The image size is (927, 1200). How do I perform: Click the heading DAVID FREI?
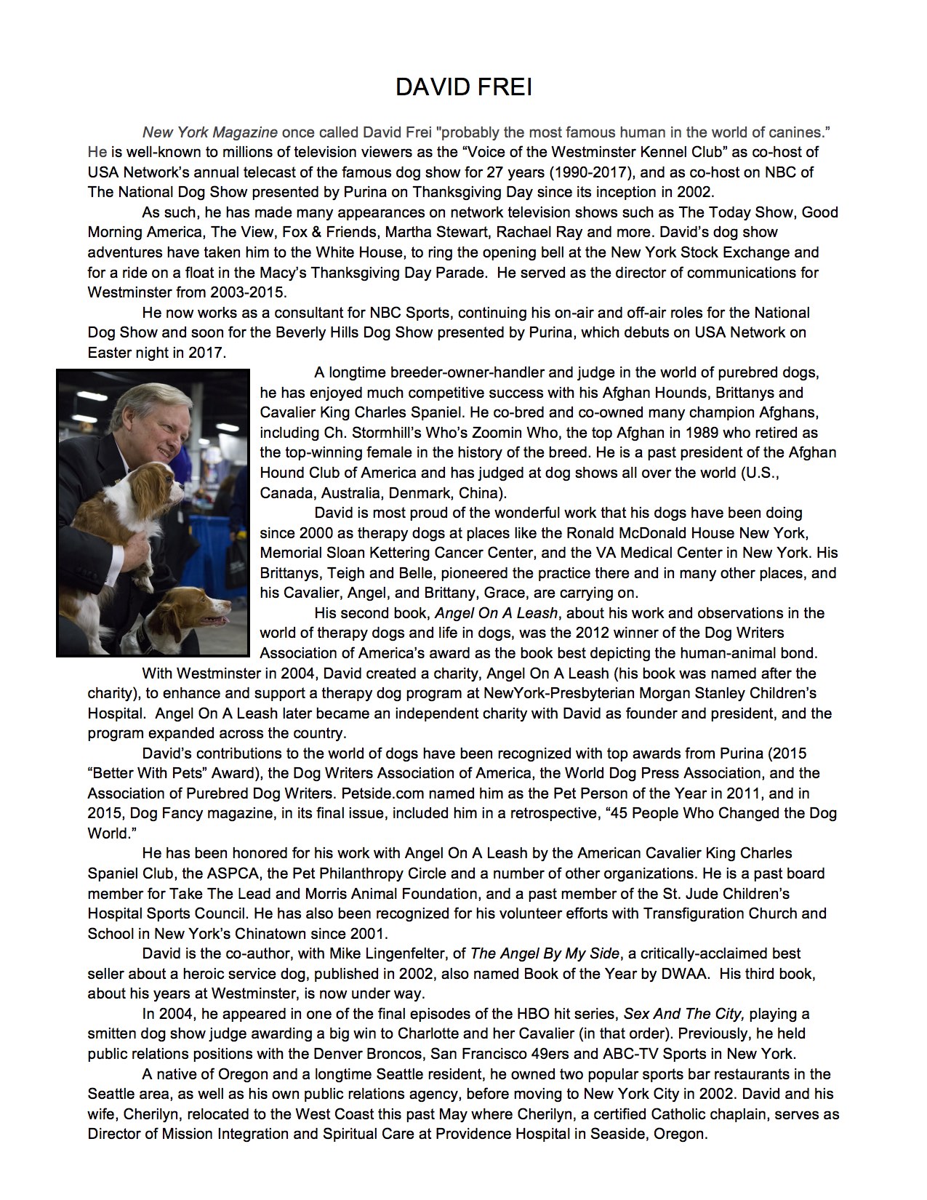point(463,88)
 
